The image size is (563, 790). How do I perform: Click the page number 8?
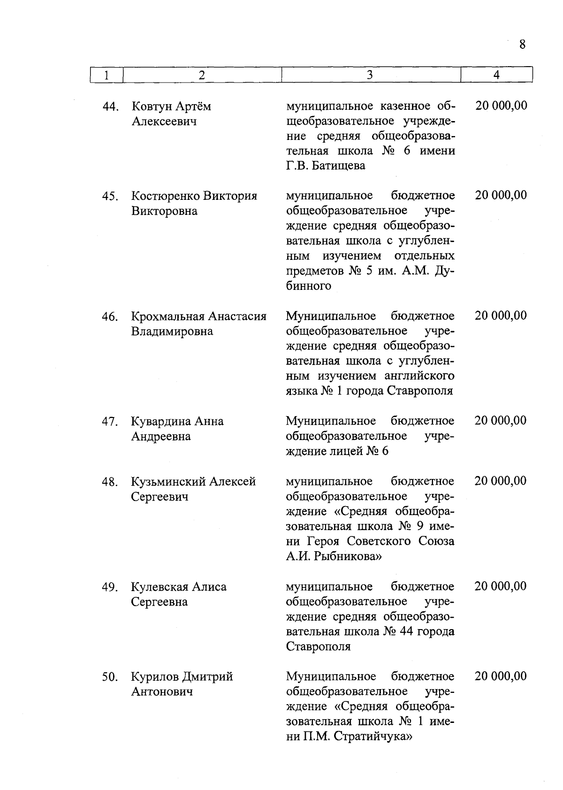click(x=522, y=45)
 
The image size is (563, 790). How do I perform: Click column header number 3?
click(x=370, y=75)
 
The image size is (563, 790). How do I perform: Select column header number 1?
click(x=107, y=75)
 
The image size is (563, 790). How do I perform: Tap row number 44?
click(x=109, y=107)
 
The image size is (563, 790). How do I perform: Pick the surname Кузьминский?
click(x=168, y=482)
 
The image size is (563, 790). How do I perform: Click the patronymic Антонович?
click(x=162, y=692)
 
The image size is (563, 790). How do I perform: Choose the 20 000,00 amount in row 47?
click(x=500, y=420)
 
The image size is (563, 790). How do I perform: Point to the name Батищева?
click(x=337, y=166)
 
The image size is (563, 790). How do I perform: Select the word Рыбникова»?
click(x=347, y=556)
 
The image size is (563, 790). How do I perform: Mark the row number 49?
click(x=109, y=587)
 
